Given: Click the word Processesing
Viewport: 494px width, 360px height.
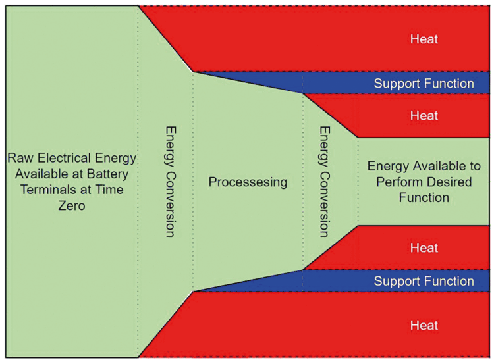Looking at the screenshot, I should click(x=248, y=182).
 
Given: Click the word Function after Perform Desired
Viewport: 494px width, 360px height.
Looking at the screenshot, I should click(x=424, y=197).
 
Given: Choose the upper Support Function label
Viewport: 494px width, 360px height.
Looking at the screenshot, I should click(x=424, y=84).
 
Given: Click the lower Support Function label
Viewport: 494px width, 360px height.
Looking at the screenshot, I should click(x=424, y=281).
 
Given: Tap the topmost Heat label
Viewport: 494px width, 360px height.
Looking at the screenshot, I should click(x=424, y=39).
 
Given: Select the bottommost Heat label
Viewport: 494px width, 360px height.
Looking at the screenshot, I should click(x=424, y=325).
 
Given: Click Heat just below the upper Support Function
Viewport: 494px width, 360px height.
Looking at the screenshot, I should click(x=424, y=116).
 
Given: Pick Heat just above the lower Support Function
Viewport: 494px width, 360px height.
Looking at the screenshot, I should click(x=424, y=248).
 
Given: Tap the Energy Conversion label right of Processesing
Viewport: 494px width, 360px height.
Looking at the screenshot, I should click(x=323, y=181).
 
